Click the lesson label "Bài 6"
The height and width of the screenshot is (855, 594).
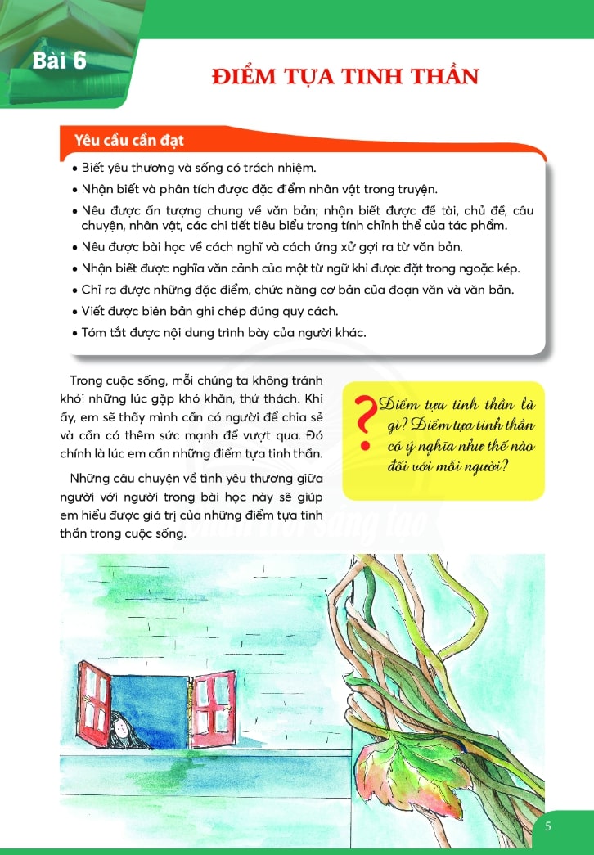(x=60, y=61)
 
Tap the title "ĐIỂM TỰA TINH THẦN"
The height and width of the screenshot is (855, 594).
(x=344, y=78)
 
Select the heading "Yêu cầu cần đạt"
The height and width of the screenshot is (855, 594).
(x=129, y=140)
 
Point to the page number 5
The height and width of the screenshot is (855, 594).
(x=547, y=826)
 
